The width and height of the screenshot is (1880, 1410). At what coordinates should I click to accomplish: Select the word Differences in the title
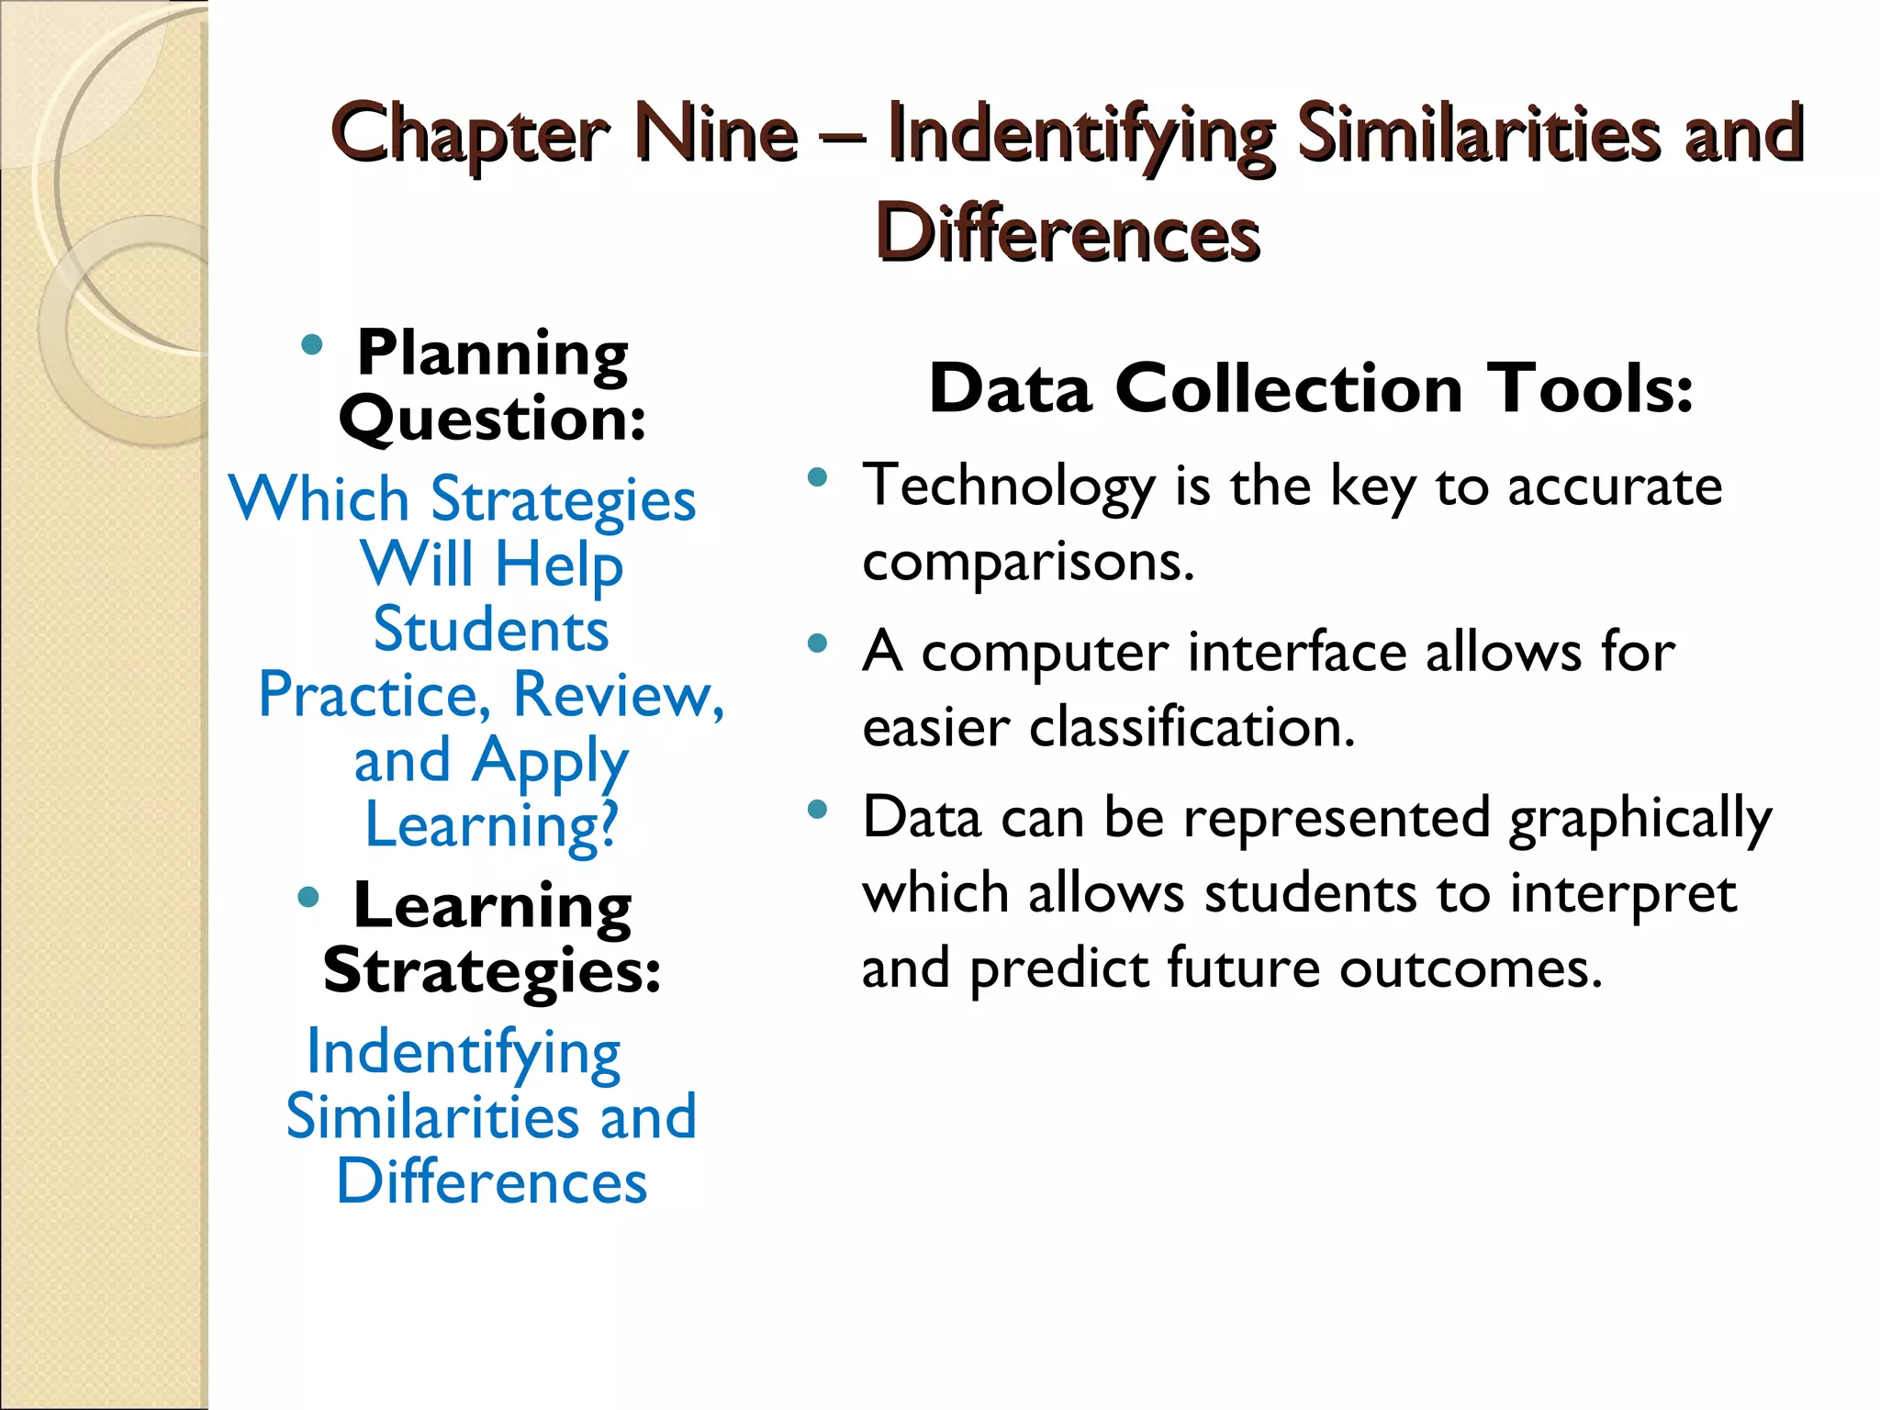pyautogui.click(x=1068, y=233)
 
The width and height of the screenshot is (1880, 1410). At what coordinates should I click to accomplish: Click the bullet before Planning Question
pyautogui.click(x=312, y=345)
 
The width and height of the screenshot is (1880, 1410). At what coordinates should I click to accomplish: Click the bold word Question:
pyautogui.click(x=493, y=419)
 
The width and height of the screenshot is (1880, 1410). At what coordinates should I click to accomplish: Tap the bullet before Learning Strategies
pyautogui.click(x=309, y=897)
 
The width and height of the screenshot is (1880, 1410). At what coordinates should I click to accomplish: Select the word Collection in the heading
pyautogui.click(x=1289, y=389)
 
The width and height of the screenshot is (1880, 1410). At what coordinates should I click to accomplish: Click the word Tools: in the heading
pyautogui.click(x=1594, y=389)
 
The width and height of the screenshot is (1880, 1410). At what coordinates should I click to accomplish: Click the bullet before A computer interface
pyautogui.click(x=817, y=643)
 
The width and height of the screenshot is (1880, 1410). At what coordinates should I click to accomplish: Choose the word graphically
pyautogui.click(x=1641, y=819)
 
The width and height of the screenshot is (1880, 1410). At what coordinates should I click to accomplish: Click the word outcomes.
pyautogui.click(x=1471, y=968)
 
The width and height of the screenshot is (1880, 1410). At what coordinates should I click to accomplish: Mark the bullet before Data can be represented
pyautogui.click(x=817, y=810)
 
